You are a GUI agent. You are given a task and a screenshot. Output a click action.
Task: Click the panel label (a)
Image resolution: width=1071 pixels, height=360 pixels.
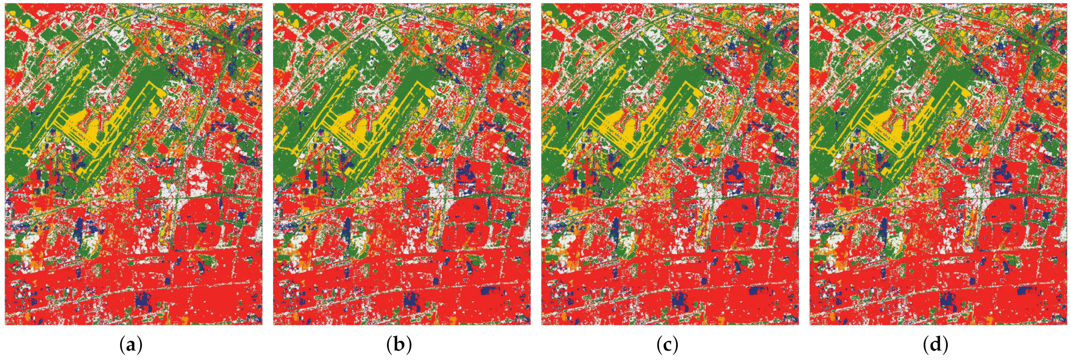131,345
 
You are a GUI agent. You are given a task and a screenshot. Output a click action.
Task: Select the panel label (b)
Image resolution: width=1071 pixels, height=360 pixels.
399,345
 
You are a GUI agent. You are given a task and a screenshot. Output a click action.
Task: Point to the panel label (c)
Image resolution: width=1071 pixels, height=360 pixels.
667,345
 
